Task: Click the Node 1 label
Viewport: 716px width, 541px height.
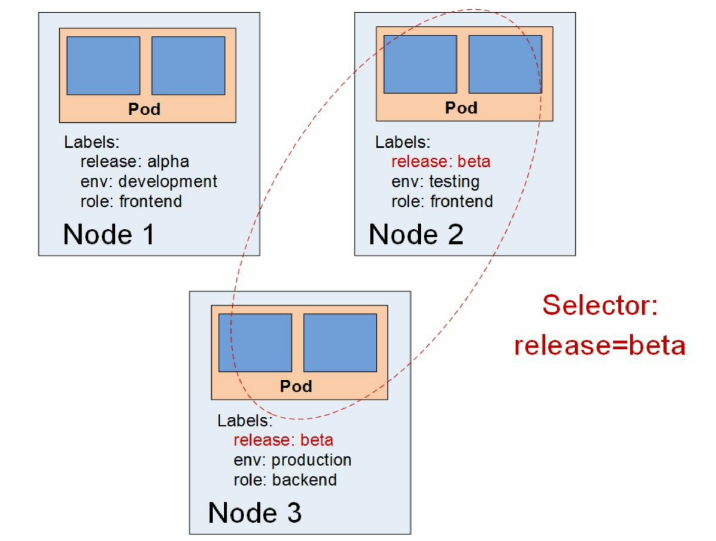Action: click(x=109, y=234)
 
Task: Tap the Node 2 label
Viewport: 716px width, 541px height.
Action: click(x=416, y=234)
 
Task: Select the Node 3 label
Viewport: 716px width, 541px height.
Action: click(x=255, y=513)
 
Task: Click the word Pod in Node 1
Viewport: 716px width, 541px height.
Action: click(x=144, y=109)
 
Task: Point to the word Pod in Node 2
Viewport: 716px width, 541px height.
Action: click(x=461, y=108)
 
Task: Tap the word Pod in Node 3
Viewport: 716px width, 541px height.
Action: click(x=296, y=386)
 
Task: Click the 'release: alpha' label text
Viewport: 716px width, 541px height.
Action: click(x=135, y=162)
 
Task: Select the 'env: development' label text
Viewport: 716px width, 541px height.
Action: click(x=149, y=182)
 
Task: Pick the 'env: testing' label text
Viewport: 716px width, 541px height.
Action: click(x=435, y=182)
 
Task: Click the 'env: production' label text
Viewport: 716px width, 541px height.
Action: click(x=292, y=460)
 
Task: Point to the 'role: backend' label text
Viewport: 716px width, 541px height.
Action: click(x=285, y=480)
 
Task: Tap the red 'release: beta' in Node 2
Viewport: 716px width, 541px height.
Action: click(x=441, y=162)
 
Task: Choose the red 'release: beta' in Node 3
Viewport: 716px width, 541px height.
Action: click(x=283, y=440)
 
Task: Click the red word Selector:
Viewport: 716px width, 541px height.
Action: click(x=600, y=305)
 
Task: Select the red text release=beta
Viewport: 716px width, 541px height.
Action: click(x=600, y=346)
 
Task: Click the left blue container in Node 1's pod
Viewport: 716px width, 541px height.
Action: click(x=103, y=66)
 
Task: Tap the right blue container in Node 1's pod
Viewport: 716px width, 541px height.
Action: click(x=188, y=66)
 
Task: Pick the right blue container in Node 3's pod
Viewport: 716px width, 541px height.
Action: click(x=340, y=343)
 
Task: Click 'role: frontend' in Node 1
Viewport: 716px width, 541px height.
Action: click(x=131, y=201)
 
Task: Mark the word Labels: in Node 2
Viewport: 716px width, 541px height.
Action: click(x=403, y=142)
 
